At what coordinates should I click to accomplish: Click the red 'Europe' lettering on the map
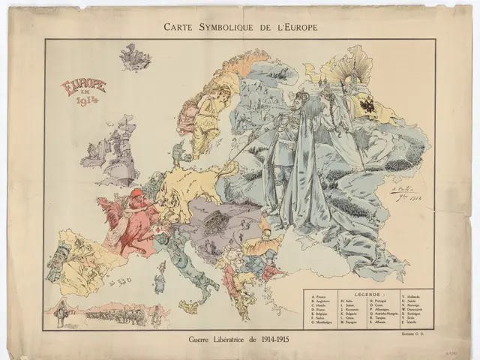pos(83,85)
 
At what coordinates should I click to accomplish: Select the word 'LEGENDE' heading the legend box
pos(368,295)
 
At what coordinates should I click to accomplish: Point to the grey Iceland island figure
pos(134,56)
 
